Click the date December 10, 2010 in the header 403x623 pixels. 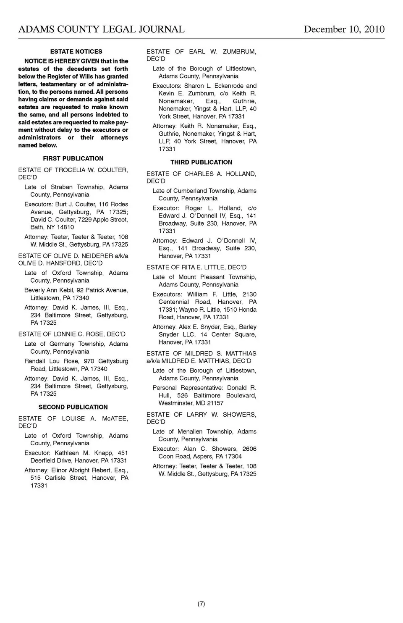click(344, 29)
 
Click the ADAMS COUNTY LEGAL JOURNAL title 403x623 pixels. click(101, 29)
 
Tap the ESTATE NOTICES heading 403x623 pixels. click(76, 51)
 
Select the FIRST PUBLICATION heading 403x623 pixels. click(73, 158)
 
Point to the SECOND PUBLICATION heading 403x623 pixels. click(73, 407)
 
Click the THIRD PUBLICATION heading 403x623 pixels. click(201, 162)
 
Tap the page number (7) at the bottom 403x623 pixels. click(201, 604)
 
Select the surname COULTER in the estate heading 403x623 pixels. click(113, 170)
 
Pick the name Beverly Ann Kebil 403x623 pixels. click(49, 290)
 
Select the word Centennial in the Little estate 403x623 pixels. click(174, 302)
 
